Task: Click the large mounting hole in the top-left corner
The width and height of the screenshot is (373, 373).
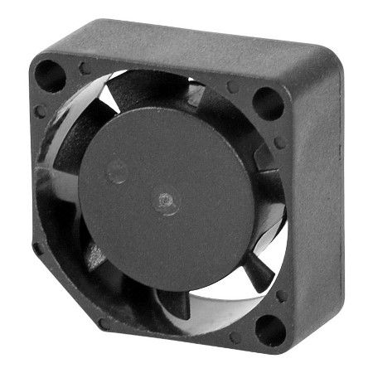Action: pos(50,75)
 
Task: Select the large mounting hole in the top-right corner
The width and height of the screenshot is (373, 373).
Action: pos(267,103)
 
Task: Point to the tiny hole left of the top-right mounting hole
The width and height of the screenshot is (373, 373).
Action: pos(233,86)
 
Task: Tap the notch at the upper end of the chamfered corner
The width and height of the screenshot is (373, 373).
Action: pos(37,247)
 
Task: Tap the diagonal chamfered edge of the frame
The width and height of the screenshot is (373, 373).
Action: pos(62,286)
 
